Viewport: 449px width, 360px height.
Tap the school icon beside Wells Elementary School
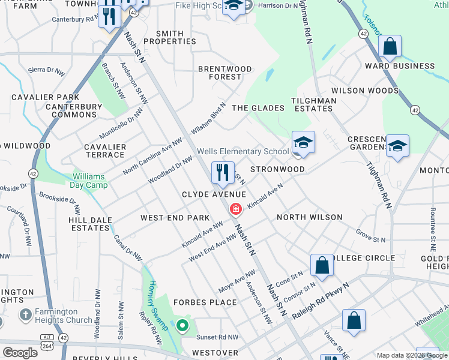tap(303, 143)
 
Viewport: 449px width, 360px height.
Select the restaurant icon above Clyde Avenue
tap(223, 173)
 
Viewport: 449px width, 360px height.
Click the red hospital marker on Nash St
tap(236, 209)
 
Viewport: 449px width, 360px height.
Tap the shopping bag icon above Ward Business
tap(390, 46)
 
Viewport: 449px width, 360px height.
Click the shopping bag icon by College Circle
tap(322, 266)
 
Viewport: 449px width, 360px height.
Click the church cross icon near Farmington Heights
tap(25, 314)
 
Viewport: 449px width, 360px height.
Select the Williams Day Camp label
tap(90, 181)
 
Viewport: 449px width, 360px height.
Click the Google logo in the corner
tap(20, 353)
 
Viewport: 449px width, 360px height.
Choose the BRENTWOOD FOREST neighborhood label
tap(225, 73)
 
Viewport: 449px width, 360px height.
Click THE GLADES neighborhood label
tap(258, 108)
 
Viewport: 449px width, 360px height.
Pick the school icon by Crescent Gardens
tap(397, 146)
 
